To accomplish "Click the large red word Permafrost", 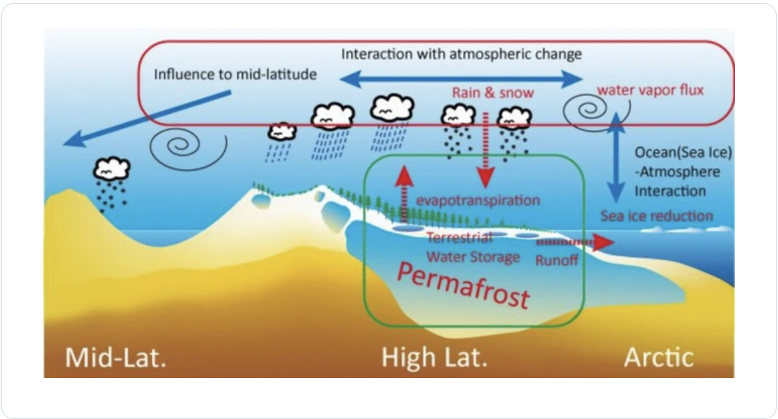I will point(464,284).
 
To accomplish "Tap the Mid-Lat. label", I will point(115,357).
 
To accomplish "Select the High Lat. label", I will point(433,357).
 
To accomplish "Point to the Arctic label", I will point(658,357).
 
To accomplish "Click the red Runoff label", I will point(557,260).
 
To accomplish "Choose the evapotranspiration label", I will point(478,200).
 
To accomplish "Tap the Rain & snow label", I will point(483,93).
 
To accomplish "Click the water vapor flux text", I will point(650,89).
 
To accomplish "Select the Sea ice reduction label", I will point(656,216).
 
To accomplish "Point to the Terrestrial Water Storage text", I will point(464,247).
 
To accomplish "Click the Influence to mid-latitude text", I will point(235,73).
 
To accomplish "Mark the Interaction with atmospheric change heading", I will point(461,53).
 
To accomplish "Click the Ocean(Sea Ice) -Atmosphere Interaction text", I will point(682,172).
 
